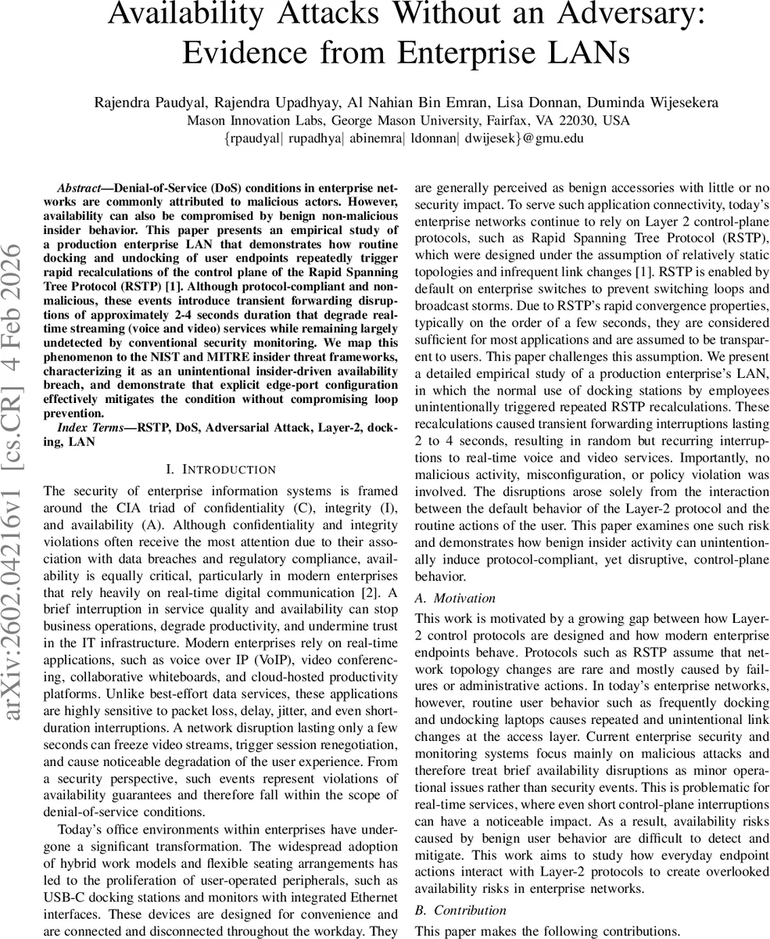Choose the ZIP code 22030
575,121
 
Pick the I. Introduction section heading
221,469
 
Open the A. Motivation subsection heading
455,598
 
